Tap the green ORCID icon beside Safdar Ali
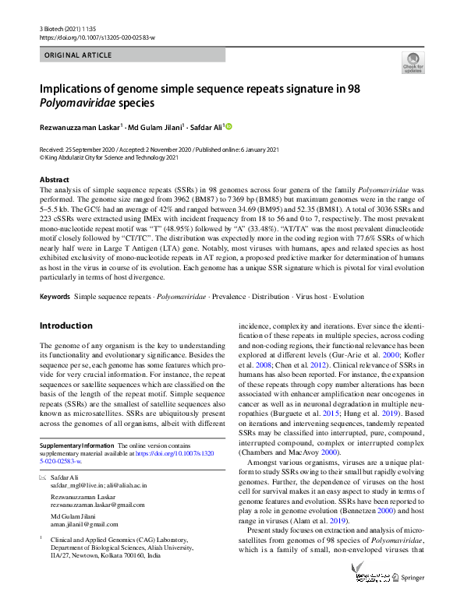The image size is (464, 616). click(229, 127)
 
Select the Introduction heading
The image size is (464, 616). click(66, 326)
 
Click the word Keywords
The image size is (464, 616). click(55, 297)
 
